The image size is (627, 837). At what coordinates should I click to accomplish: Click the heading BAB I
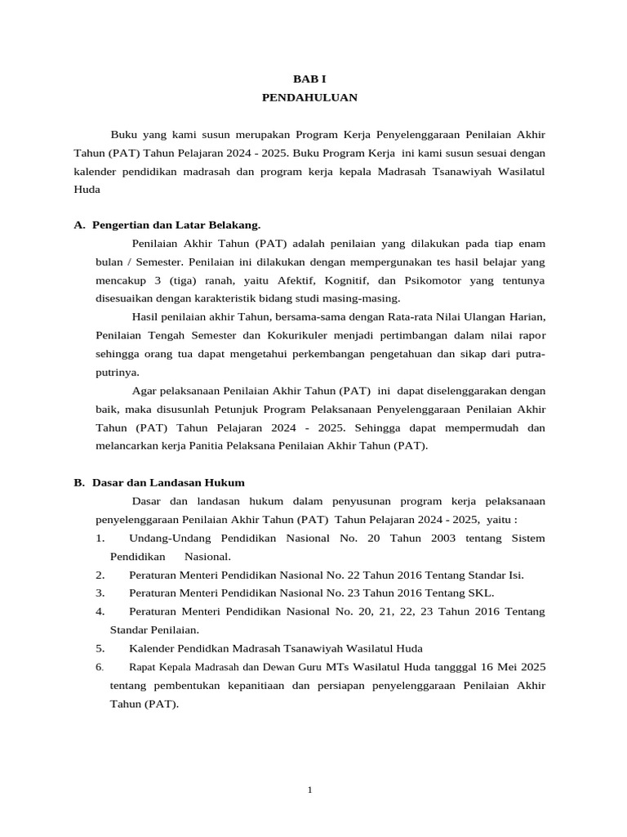[309, 79]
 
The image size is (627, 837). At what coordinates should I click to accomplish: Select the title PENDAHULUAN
[309, 97]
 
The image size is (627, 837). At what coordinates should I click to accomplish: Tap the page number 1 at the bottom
[310, 789]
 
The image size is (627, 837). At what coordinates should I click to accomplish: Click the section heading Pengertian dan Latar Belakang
[176, 224]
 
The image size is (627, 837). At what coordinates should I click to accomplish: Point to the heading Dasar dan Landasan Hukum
[168, 482]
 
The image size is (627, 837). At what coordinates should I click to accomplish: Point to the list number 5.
[99, 648]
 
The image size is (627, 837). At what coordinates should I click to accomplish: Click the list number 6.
[99, 667]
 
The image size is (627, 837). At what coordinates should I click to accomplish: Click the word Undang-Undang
[170, 538]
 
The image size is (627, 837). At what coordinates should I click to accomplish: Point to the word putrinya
[117, 372]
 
